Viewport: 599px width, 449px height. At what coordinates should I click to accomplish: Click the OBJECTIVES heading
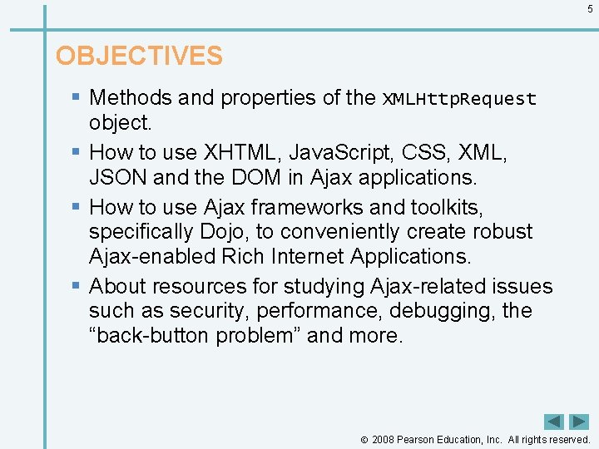(139, 56)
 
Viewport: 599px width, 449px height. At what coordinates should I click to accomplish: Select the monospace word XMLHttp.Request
(459, 99)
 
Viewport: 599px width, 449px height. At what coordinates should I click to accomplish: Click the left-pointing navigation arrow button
(554, 422)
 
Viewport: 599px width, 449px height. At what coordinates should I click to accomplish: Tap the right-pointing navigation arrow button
(579, 422)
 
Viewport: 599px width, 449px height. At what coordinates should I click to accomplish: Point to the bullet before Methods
(77, 97)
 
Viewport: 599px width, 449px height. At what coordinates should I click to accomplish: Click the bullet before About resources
(77, 286)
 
